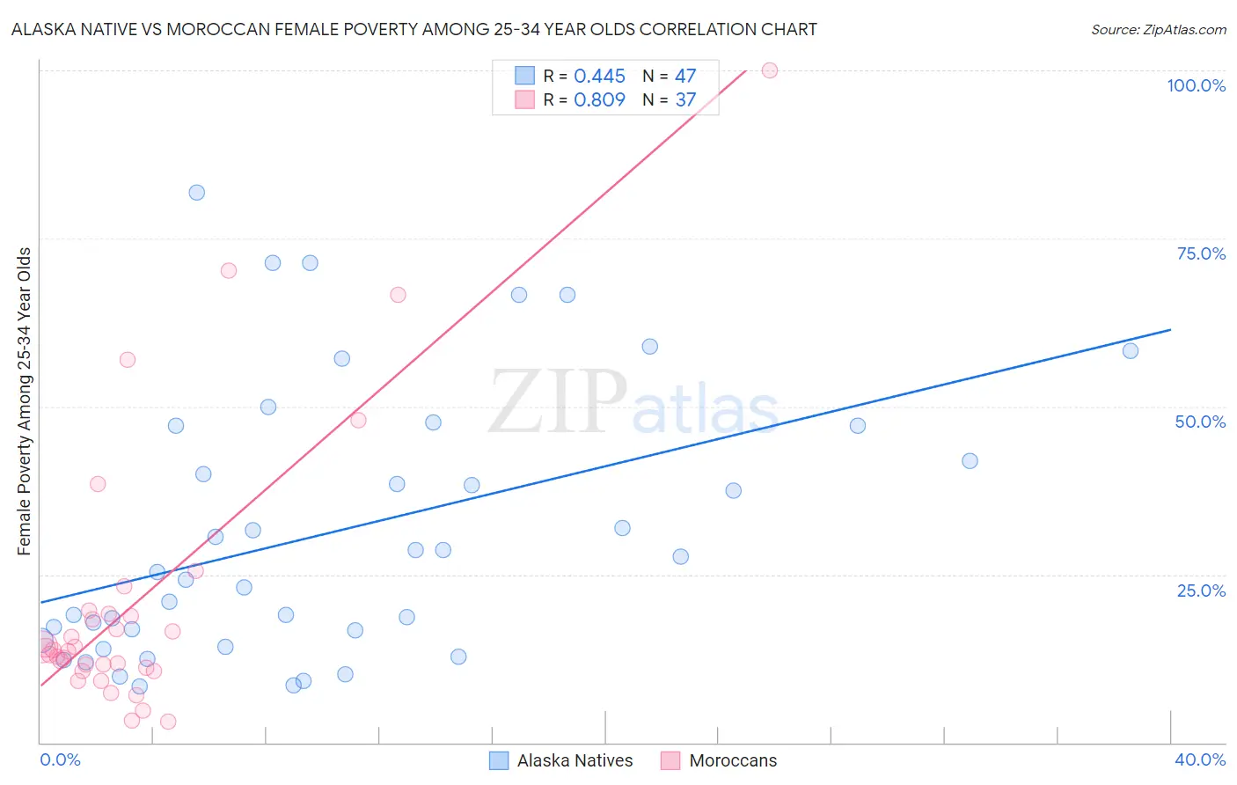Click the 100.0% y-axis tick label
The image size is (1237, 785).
tap(1196, 85)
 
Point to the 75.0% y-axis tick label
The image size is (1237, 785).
tap(1201, 253)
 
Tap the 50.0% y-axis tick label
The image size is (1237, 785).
tap(1200, 422)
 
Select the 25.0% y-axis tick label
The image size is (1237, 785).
tap(1201, 591)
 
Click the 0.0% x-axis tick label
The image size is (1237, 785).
tap(60, 759)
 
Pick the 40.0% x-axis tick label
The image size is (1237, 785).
tap(1199, 759)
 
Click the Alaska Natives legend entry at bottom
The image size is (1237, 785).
tap(575, 760)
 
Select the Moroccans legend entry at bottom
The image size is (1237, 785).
tap(732, 760)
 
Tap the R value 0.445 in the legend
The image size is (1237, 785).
tap(599, 77)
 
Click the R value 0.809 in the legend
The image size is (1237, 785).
tap(599, 99)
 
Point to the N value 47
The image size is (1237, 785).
tap(684, 77)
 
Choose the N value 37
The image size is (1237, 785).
tap(684, 99)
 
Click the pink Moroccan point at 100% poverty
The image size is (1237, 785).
tap(770, 70)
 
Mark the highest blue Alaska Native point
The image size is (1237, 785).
tap(197, 193)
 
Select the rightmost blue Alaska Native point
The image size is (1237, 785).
tap(1131, 351)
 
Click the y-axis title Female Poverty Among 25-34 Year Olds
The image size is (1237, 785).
tap(25, 401)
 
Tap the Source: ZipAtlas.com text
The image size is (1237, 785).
tap(1158, 30)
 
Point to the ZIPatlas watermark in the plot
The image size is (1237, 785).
tap(633, 403)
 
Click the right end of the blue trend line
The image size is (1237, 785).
tap(1170, 330)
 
